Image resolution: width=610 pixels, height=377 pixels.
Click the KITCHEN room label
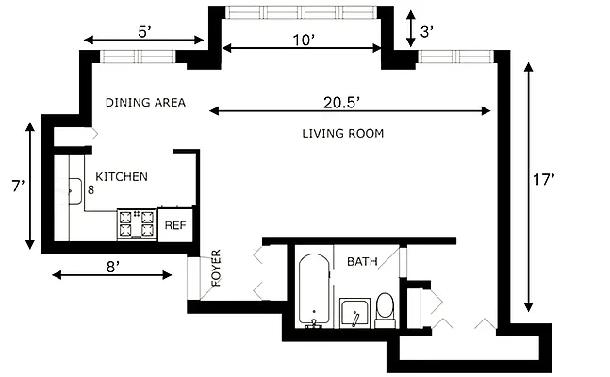122,177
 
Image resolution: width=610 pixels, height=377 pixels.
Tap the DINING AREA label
145,103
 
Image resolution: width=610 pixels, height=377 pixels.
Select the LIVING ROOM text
343,134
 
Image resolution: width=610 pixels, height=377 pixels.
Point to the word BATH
362,261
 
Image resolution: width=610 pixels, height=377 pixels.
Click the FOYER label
216,268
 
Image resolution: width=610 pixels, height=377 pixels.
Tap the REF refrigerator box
175,225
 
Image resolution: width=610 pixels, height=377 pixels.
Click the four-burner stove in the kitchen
137,224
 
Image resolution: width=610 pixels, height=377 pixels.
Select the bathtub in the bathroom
314,289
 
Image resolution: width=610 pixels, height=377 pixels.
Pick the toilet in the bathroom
386,310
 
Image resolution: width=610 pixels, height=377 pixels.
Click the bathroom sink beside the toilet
354,313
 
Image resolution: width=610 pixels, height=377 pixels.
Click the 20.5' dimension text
341,103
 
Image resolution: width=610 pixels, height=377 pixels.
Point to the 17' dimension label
543,180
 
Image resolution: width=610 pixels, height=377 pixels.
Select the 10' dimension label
303,40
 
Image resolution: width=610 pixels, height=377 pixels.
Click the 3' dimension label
427,31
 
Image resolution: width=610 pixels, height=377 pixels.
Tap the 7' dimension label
18,187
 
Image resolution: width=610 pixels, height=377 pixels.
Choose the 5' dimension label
144,32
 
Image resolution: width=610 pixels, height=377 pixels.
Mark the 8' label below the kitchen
112,267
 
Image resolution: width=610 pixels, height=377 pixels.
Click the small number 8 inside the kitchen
91,189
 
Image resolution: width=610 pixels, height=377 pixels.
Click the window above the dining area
138,57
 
